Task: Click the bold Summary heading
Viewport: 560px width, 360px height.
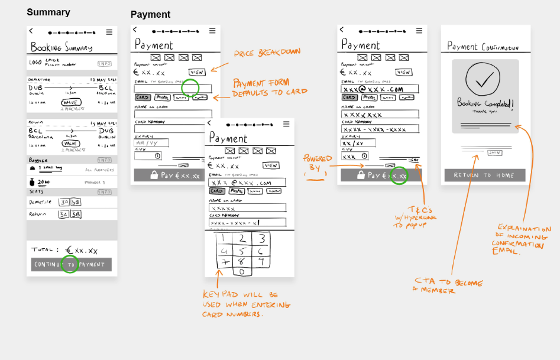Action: pos(48,12)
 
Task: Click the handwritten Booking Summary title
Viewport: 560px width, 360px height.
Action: pos(61,47)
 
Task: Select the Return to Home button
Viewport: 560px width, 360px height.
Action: pos(484,175)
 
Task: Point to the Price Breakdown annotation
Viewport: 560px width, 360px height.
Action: pos(267,53)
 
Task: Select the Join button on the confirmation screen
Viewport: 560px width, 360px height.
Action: pos(494,153)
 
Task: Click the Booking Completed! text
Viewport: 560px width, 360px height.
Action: pos(485,103)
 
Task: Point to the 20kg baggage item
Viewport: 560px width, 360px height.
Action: pos(44,183)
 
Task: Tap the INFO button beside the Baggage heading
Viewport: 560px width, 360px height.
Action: pos(104,160)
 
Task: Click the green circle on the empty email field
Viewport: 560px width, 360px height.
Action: pos(190,88)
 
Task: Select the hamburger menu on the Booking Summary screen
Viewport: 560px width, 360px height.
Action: pos(109,32)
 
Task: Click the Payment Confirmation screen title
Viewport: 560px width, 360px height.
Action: pos(483,47)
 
